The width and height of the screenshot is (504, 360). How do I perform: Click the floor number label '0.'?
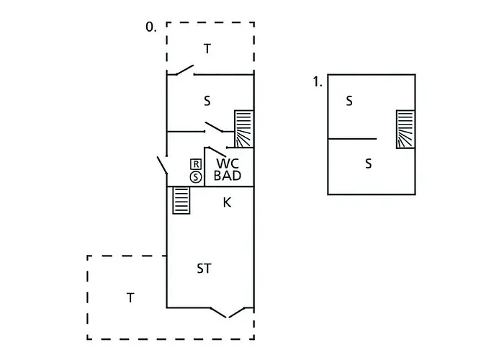[x=151, y=27]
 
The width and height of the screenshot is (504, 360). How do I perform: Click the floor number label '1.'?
[x=318, y=83]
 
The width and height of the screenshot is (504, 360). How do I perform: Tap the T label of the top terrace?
[x=207, y=49]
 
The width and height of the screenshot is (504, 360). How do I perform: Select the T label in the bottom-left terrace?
[x=130, y=297]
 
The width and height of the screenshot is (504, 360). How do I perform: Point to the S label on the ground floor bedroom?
[x=207, y=102]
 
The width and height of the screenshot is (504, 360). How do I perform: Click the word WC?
[x=228, y=163]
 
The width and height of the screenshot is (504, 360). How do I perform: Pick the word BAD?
[x=228, y=175]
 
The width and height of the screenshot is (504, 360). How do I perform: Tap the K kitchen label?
[x=227, y=203]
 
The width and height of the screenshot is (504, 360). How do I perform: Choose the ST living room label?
[x=204, y=269]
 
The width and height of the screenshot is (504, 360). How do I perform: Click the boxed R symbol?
[x=195, y=164]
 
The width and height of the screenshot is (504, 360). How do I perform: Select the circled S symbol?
[x=195, y=176]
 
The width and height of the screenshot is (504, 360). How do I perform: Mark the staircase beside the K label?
[x=181, y=200]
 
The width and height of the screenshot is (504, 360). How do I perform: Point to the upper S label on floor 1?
[x=349, y=102]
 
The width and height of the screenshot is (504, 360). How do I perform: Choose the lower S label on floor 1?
[x=368, y=164]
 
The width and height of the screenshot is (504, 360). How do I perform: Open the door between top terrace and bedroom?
[x=182, y=71]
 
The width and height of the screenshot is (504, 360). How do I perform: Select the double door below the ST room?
[x=230, y=312]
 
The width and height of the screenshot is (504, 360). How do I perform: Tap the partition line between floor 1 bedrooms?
[x=352, y=138]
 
